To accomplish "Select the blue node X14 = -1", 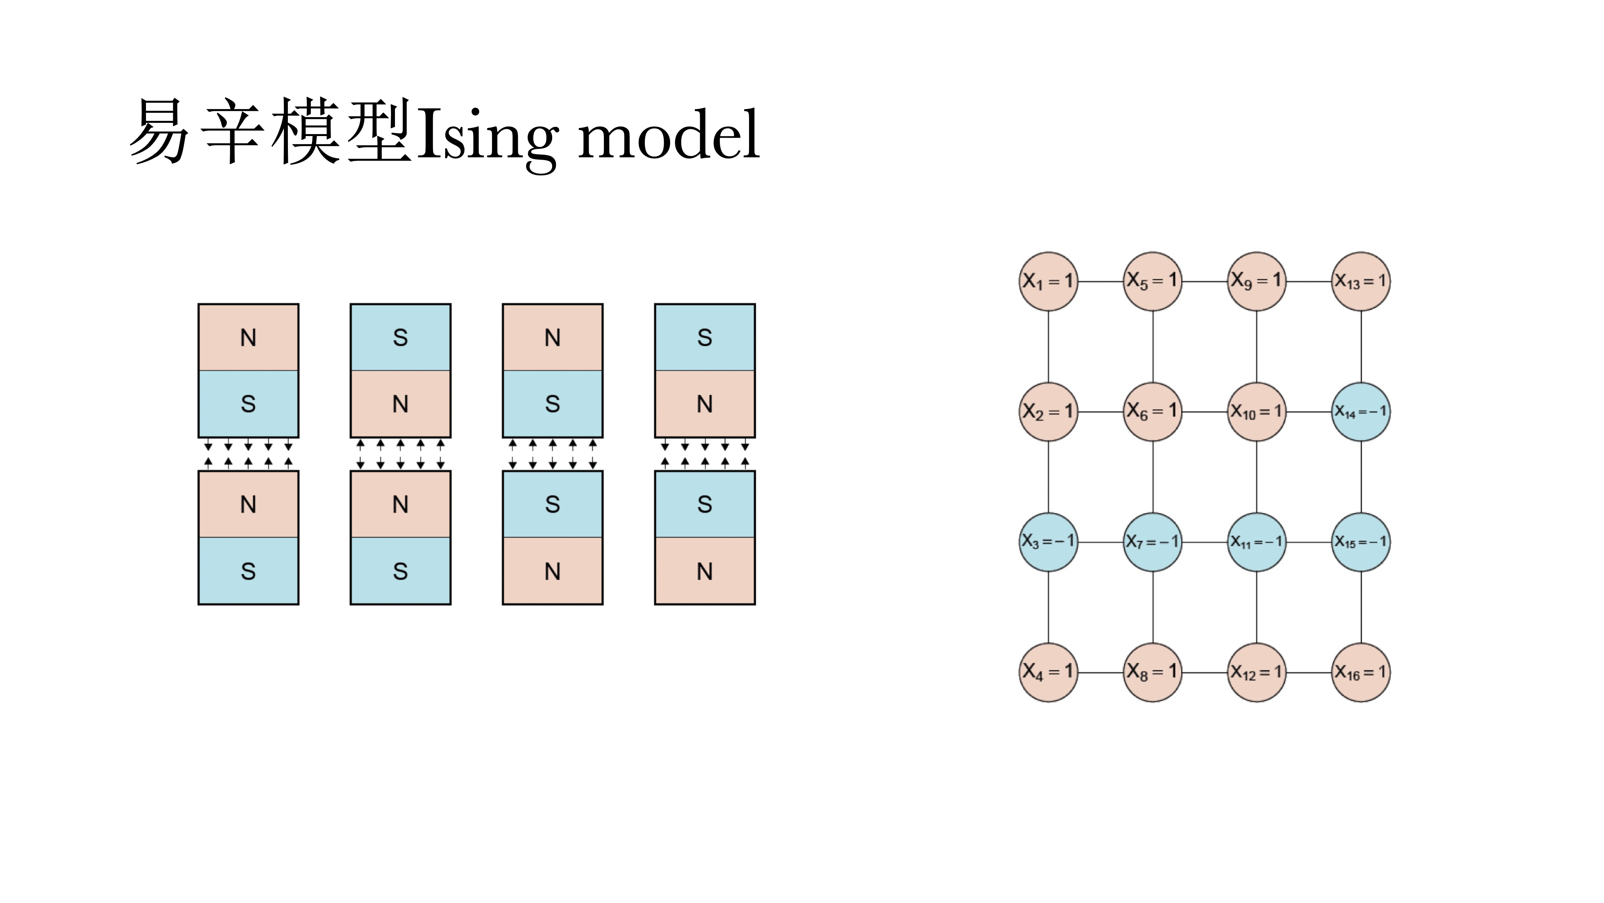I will tap(1361, 411).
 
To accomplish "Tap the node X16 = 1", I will tap(1361, 672).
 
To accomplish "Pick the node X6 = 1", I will tap(1152, 411).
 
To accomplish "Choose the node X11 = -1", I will tap(1257, 541).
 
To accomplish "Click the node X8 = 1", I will tap(1152, 672).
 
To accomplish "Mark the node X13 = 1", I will tap(1361, 281).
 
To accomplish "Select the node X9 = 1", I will tap(1257, 281).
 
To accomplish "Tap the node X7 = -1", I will tap(1152, 541).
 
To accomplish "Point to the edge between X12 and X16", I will tap(1309, 672).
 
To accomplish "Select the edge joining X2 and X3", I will tap(1049, 477).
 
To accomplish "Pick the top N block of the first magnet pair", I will tap(249, 337).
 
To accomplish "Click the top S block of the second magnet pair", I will tap(400, 337).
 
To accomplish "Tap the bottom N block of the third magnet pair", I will tap(552, 571).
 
